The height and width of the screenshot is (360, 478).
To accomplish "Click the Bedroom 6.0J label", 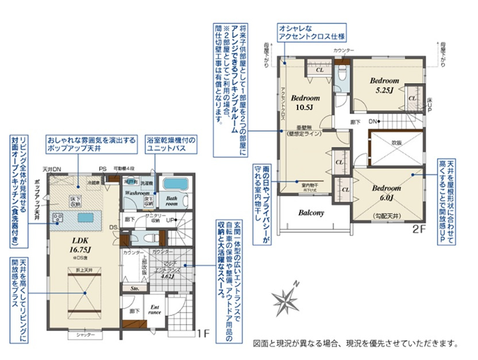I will pyautogui.click(x=385, y=192).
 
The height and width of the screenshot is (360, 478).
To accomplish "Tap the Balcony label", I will pyautogui.click(x=311, y=212).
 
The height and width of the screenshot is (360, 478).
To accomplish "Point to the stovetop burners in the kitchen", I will pyautogui.click(x=58, y=217).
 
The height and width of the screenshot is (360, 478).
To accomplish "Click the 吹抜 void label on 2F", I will pyautogui.click(x=396, y=142).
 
